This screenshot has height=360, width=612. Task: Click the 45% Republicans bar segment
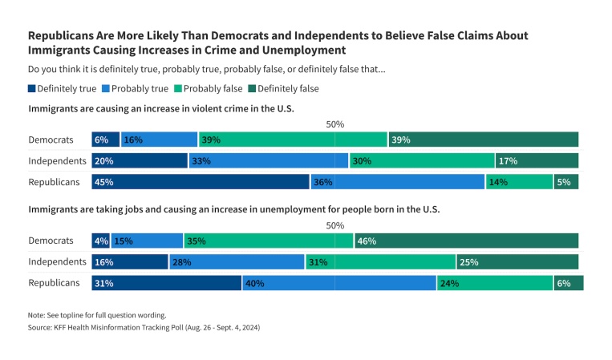(x=201, y=182)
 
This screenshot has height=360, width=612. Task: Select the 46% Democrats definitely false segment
(x=466, y=241)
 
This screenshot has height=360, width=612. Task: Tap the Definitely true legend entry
(x=63, y=89)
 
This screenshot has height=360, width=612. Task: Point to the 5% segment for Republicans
(x=565, y=182)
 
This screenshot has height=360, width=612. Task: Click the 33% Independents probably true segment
(x=268, y=160)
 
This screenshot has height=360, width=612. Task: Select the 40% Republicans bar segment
(x=339, y=283)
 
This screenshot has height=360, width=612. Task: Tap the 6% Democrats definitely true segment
(x=106, y=140)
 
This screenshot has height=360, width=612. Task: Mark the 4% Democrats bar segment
(x=100, y=241)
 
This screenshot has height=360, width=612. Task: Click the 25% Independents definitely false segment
(x=517, y=262)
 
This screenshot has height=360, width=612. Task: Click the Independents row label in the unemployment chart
(x=57, y=262)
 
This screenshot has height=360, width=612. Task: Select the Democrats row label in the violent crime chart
(x=51, y=140)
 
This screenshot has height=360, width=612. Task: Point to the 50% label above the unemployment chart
(x=334, y=225)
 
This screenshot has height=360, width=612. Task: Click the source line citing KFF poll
(x=144, y=328)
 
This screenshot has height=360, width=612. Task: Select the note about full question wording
(x=97, y=315)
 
